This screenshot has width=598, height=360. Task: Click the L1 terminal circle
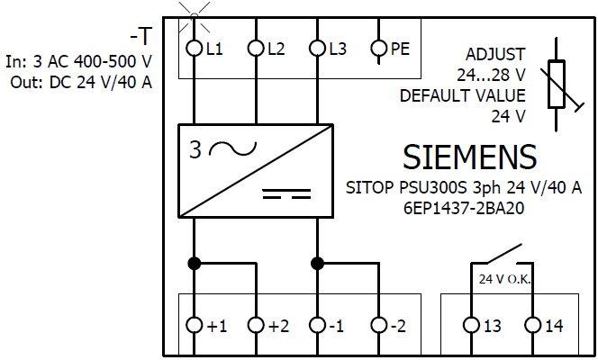[193, 49]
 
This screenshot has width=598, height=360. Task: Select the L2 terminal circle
[255, 49]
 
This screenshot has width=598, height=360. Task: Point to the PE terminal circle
[379, 49]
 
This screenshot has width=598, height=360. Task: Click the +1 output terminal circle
[193, 325]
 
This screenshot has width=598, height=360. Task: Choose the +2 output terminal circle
[255, 325]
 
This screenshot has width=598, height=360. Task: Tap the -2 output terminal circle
[379, 325]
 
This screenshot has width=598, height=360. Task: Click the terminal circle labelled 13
[471, 325]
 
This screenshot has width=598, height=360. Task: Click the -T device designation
[140, 36]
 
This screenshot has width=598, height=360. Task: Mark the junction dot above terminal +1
[193, 263]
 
